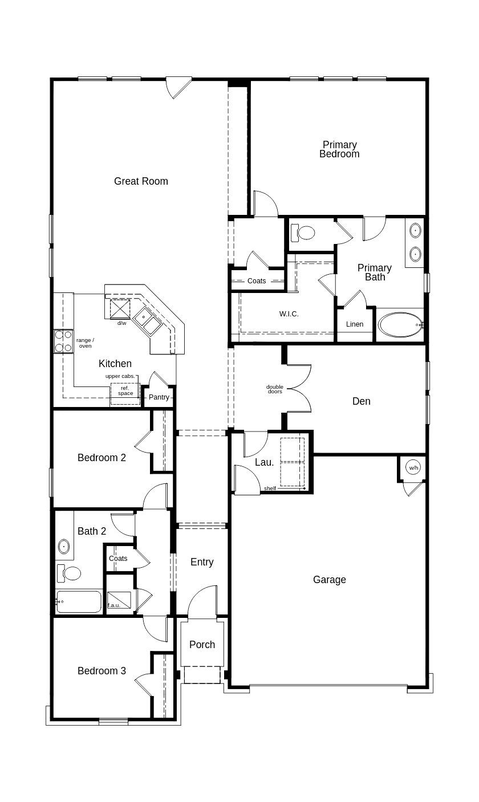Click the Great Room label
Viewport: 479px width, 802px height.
141,181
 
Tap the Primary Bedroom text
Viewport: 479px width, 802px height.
339,149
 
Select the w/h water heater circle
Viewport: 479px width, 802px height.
413,467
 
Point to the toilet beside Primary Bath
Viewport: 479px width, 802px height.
303,233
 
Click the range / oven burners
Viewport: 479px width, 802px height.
63,341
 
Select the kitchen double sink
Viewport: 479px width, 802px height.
148,320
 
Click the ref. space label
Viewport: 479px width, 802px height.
125,390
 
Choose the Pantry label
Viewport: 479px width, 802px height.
159,397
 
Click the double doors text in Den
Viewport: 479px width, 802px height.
275,389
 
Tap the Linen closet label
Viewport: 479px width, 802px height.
355,324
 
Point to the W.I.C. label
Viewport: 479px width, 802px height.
289,314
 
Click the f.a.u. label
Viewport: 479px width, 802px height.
114,605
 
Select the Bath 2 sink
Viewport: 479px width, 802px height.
64,547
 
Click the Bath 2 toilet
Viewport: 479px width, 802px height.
70,572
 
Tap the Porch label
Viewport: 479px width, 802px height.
202,645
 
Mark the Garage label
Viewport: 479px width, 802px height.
329,580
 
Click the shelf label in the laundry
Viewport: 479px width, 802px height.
270,488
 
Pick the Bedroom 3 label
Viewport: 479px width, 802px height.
102,671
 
